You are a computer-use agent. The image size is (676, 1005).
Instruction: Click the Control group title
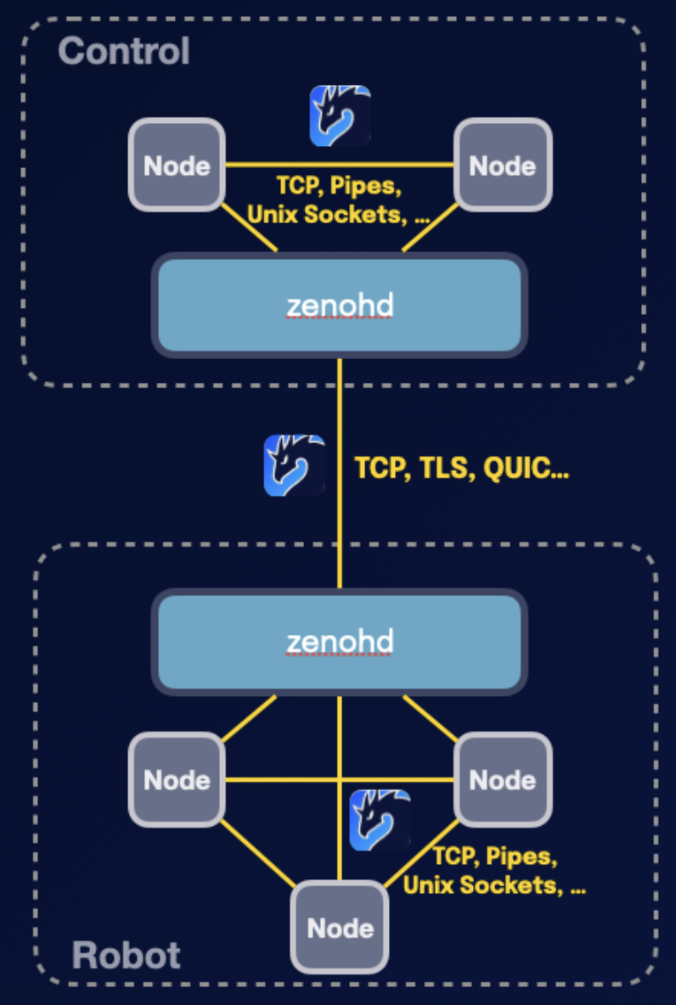point(124,53)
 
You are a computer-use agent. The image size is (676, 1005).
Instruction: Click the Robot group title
point(127,956)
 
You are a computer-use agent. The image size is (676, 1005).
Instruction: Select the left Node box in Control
point(177,166)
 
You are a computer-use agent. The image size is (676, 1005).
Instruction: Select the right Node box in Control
point(503,166)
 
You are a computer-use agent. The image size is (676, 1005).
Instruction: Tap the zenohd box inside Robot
point(340,642)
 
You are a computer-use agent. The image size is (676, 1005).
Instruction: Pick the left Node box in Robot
point(177,780)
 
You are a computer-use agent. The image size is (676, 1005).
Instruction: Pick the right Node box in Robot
point(503,780)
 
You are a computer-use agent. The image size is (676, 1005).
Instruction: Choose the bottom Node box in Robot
point(340,928)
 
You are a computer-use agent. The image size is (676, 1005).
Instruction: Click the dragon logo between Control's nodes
point(340,115)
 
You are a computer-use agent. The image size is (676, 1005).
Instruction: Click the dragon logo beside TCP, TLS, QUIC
point(294,465)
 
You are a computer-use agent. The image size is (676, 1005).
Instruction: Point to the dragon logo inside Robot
point(380,820)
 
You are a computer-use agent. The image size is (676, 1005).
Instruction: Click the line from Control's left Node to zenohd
point(250,228)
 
